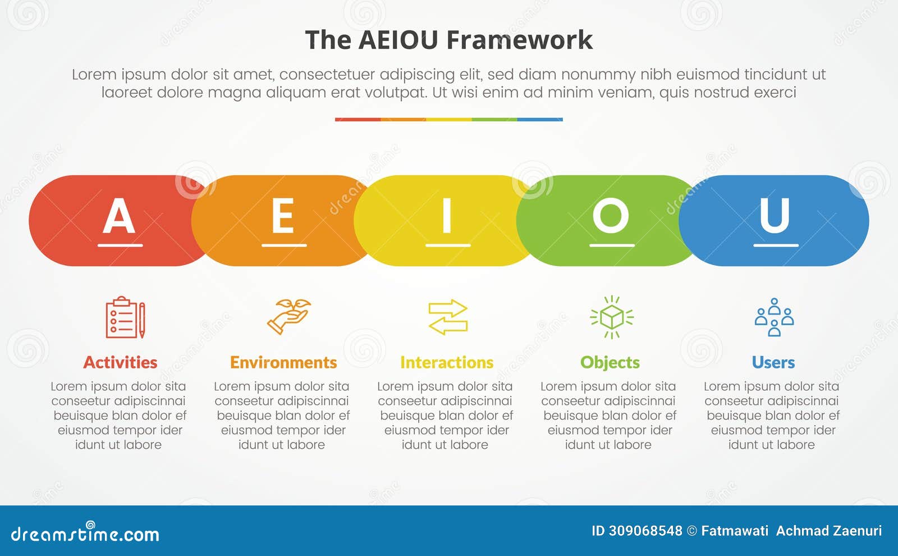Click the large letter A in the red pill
(x=119, y=216)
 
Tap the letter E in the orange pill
(x=283, y=216)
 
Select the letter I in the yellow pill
(x=447, y=216)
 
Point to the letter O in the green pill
(x=611, y=216)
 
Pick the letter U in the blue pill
(x=775, y=216)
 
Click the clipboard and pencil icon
(x=125, y=317)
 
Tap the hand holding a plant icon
(x=288, y=317)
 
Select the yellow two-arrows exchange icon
(x=447, y=317)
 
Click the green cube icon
(x=611, y=317)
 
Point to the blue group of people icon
(x=774, y=317)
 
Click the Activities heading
(x=120, y=362)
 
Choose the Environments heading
(x=283, y=362)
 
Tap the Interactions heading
(x=447, y=362)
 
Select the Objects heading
(x=610, y=362)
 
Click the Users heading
(x=773, y=362)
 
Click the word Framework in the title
(x=519, y=40)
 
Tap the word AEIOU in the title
(x=398, y=40)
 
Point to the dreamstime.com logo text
(x=85, y=534)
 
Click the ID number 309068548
(x=645, y=531)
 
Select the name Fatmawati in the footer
(x=735, y=531)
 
